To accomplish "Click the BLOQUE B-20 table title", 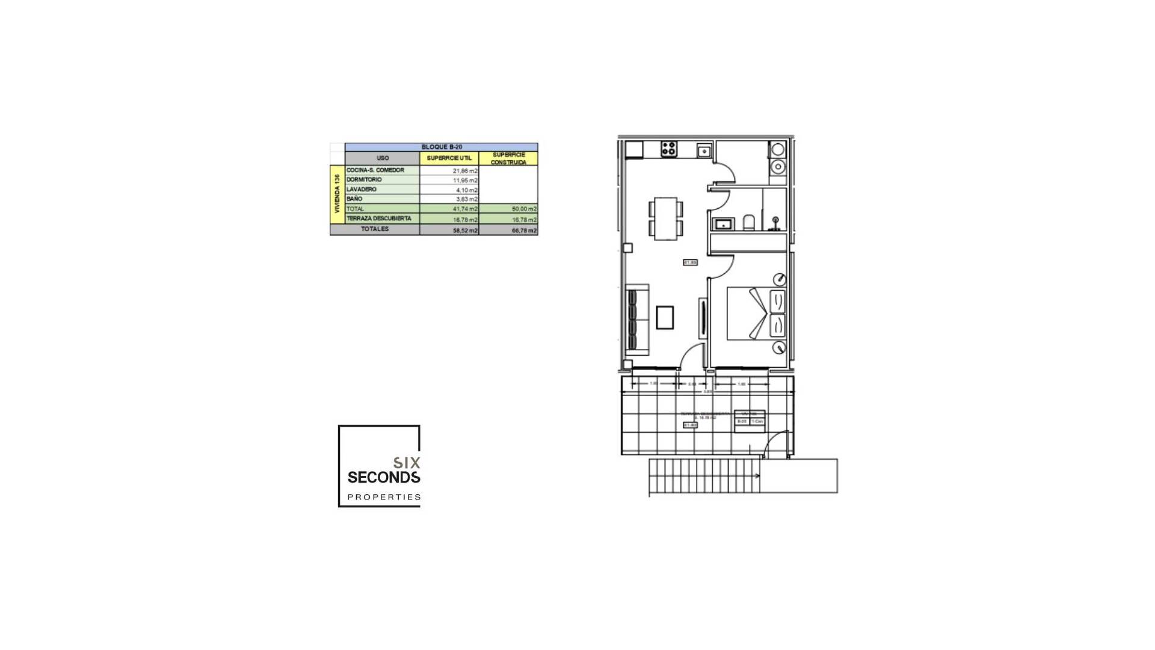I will click(x=442, y=147).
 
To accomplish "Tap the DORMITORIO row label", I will click(x=365, y=180).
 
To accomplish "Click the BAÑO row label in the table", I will click(x=355, y=199).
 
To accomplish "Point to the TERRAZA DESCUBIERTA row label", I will click(x=379, y=218).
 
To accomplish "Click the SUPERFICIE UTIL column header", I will click(x=449, y=158).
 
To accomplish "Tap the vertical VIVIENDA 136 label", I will click(x=337, y=194).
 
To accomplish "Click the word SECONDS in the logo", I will click(x=384, y=478).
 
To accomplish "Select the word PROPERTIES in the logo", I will click(x=384, y=497).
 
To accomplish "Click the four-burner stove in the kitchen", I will click(x=668, y=149).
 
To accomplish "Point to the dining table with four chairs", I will click(x=666, y=218).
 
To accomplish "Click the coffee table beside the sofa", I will click(x=665, y=318).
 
